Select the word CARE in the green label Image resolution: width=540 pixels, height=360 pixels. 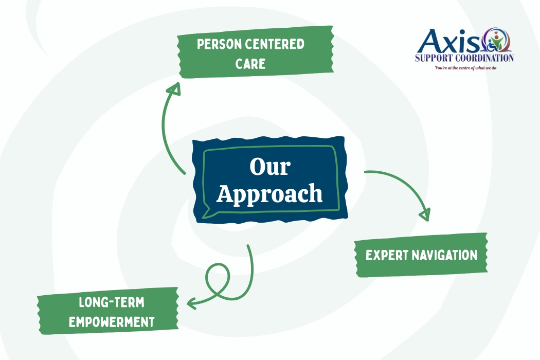[x=250, y=64]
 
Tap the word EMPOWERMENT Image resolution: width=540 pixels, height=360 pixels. [x=112, y=322]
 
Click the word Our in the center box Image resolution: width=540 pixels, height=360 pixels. [x=270, y=167]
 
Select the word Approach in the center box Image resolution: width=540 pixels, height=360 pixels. [x=269, y=194]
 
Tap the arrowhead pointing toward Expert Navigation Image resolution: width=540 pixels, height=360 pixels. [x=425, y=214]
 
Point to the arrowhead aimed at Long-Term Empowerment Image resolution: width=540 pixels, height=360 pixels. [x=192, y=303]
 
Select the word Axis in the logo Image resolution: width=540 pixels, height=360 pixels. [x=446, y=41]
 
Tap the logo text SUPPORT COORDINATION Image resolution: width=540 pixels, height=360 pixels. [x=464, y=58]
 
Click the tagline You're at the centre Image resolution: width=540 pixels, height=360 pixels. [x=467, y=67]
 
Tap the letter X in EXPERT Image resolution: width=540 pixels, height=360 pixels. [x=376, y=255]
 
